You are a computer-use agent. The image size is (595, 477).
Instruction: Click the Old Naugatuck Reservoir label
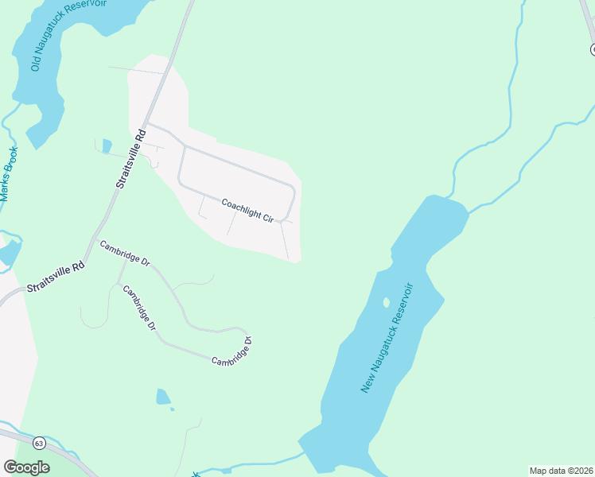pyautogui.click(x=68, y=36)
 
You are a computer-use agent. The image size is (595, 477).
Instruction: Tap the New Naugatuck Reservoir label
pyautogui.click(x=388, y=337)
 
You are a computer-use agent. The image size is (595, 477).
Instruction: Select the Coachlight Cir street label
pyautogui.click(x=247, y=210)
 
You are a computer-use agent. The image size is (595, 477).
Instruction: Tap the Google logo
pyautogui.click(x=26, y=467)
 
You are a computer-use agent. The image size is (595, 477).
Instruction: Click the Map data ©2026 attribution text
pyautogui.click(x=561, y=471)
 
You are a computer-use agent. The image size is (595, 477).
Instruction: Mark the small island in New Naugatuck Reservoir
pyautogui.click(x=387, y=302)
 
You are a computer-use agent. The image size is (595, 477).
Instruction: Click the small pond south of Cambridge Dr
pyautogui.click(x=163, y=397)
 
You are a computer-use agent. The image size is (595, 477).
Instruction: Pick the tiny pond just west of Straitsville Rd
pyautogui.click(x=107, y=145)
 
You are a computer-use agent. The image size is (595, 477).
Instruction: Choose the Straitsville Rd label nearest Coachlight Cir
pyautogui.click(x=130, y=158)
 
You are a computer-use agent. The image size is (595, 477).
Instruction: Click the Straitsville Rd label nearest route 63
pyautogui.click(x=56, y=277)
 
